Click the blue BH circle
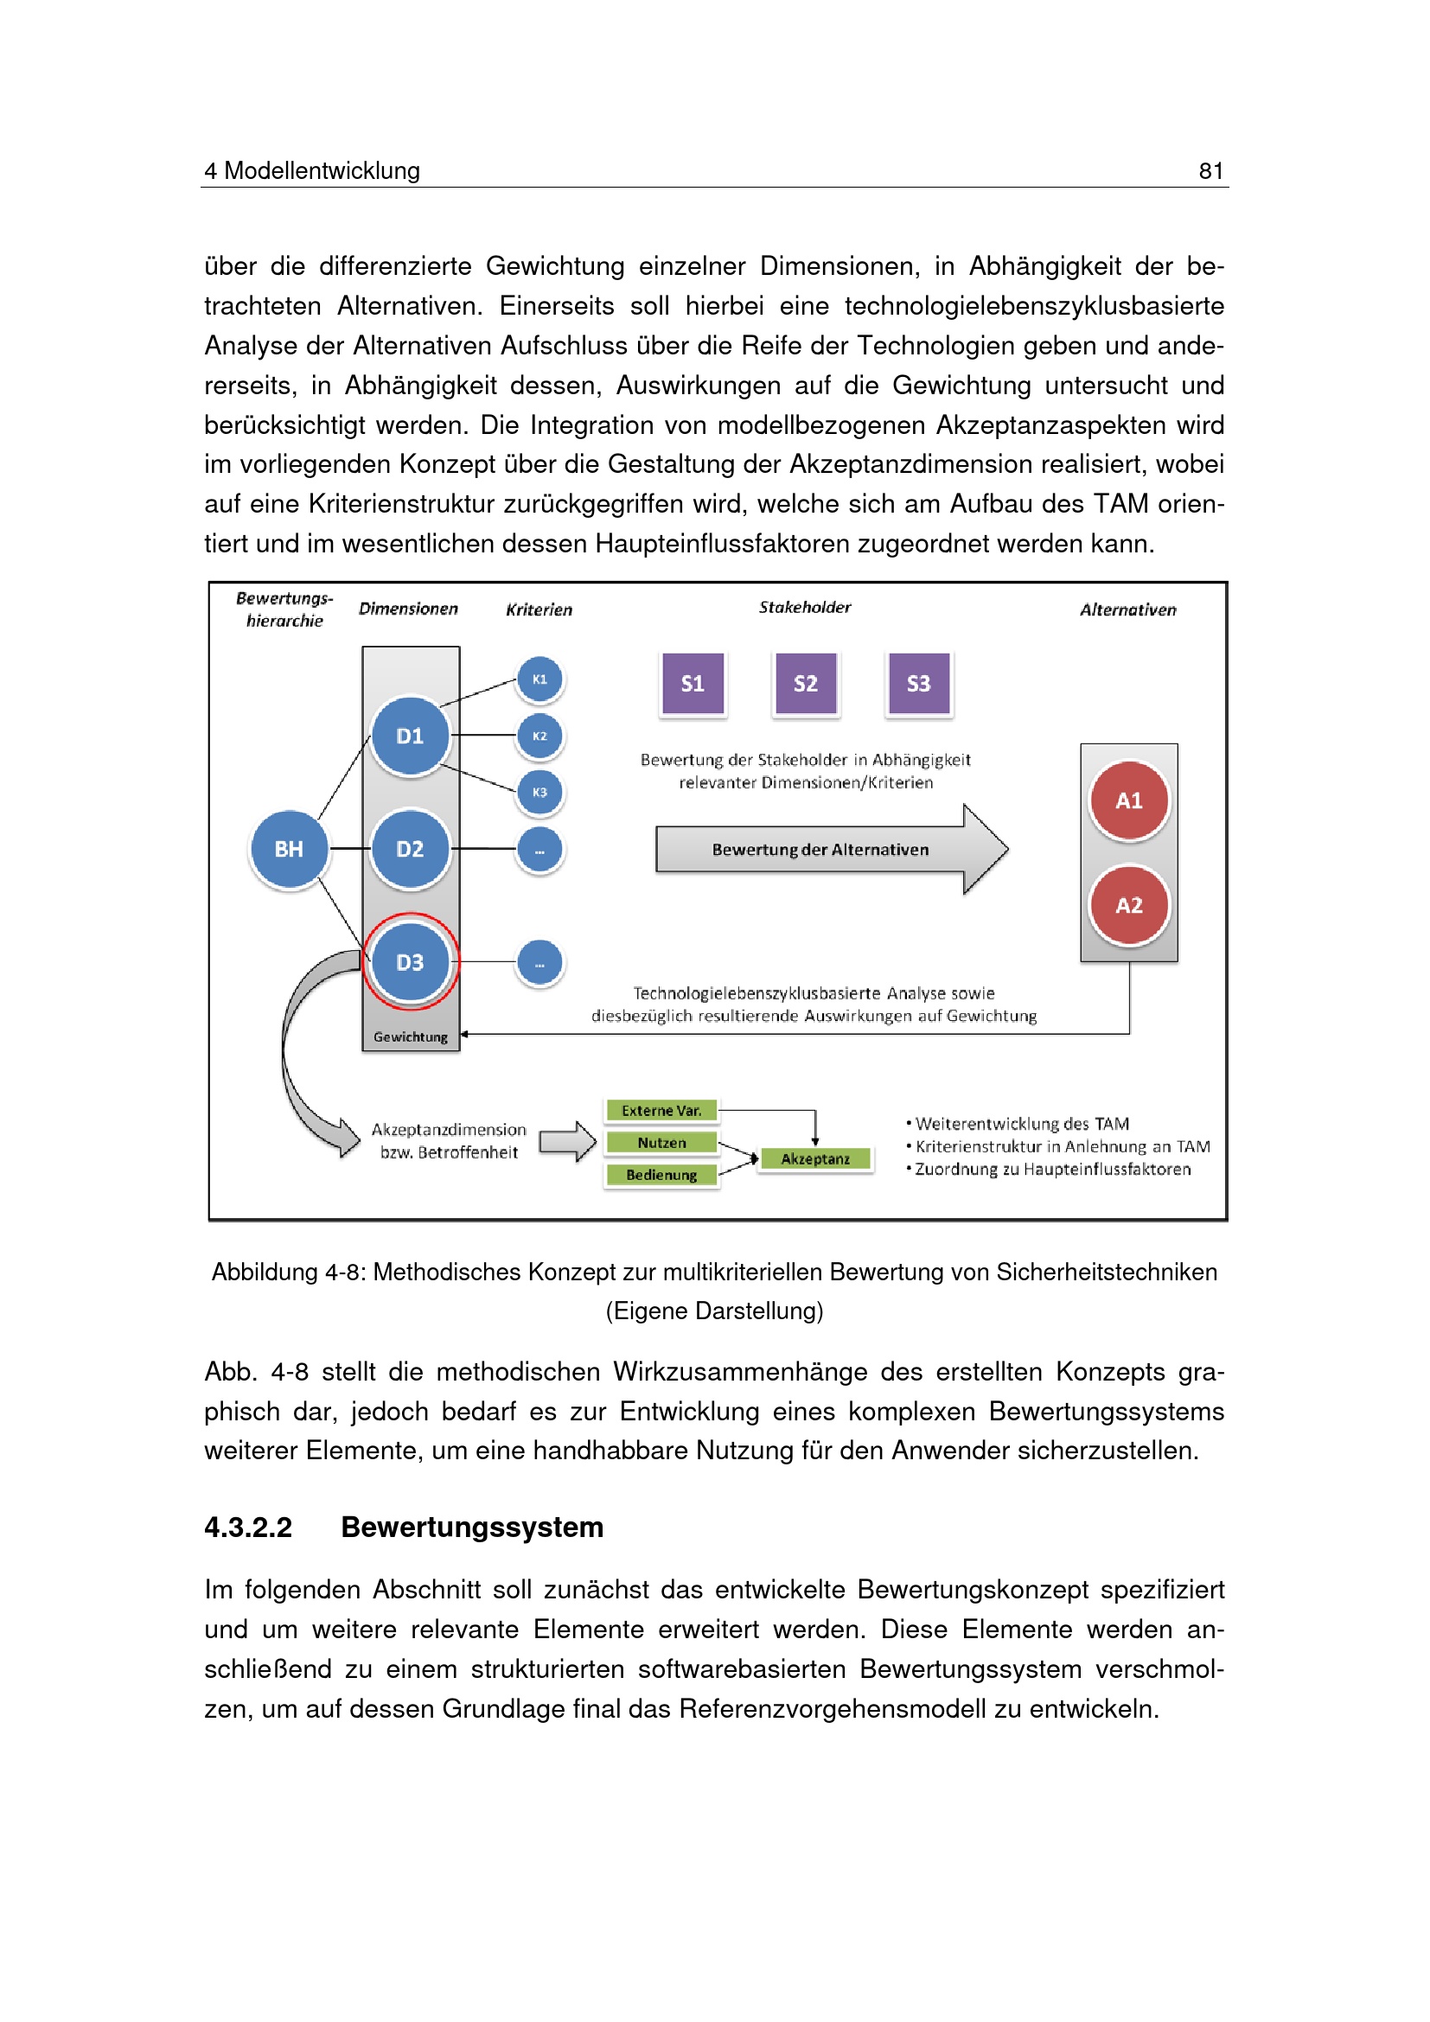tap(289, 849)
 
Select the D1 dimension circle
tap(411, 737)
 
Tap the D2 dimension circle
tap(411, 849)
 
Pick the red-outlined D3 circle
tap(411, 961)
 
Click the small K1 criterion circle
tap(539, 679)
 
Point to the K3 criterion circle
tap(539, 793)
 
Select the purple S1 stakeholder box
tap(693, 684)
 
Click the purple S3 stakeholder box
tap(918, 684)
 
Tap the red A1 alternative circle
tap(1129, 801)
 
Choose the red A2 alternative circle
tap(1129, 905)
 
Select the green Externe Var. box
tap(661, 1111)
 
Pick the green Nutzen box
tap(661, 1142)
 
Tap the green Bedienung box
tap(661, 1175)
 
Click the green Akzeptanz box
tap(815, 1159)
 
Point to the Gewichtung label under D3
tap(411, 1037)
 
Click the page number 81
tap(1210, 171)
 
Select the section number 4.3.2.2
tap(248, 1527)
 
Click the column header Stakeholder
tap(805, 608)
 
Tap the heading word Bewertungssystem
tap(472, 1527)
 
